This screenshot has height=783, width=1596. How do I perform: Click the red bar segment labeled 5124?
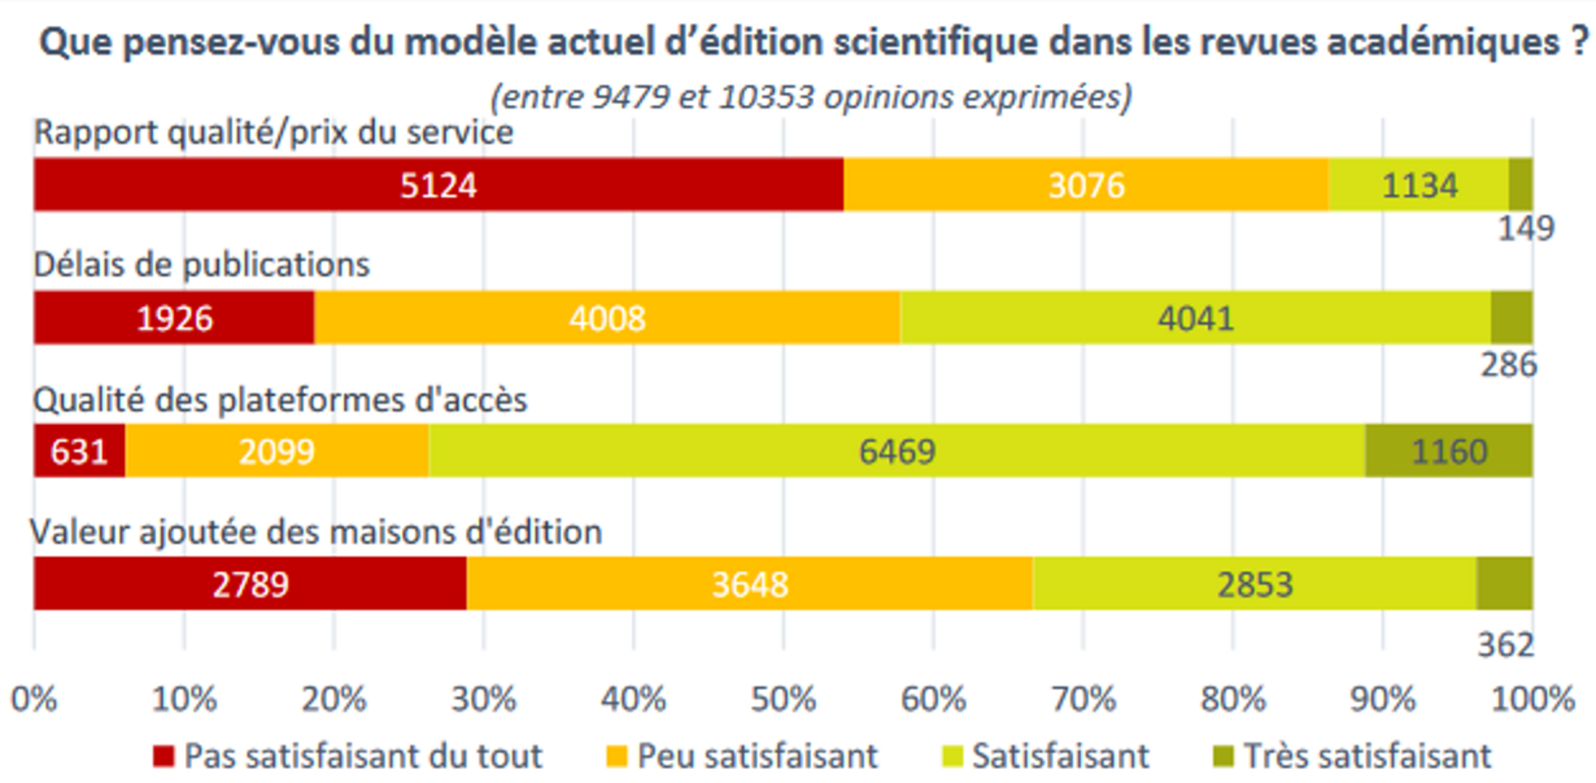coord(438,184)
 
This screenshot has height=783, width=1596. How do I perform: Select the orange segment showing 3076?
coord(1086,184)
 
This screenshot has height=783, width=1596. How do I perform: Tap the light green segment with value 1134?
coord(1418,184)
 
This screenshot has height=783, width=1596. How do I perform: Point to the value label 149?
coord(1526,229)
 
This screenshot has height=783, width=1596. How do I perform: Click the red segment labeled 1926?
coord(174,318)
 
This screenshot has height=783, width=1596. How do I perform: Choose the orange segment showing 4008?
coord(606,318)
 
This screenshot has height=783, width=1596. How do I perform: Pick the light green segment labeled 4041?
coord(1195,318)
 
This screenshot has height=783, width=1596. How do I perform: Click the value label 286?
coord(1509,364)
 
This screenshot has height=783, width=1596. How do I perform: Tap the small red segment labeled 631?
coord(79,451)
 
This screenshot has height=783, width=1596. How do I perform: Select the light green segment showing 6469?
coord(897,451)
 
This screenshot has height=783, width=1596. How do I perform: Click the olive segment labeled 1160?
coord(1449,451)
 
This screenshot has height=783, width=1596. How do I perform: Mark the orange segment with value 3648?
coord(749,583)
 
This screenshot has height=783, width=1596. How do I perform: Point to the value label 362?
coord(1506,644)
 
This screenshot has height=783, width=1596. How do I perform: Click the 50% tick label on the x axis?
coord(783,700)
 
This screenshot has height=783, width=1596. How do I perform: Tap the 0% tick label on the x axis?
coord(33,700)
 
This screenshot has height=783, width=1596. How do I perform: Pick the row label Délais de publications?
coord(202,264)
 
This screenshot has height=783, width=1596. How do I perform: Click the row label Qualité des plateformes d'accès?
coord(280,400)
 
